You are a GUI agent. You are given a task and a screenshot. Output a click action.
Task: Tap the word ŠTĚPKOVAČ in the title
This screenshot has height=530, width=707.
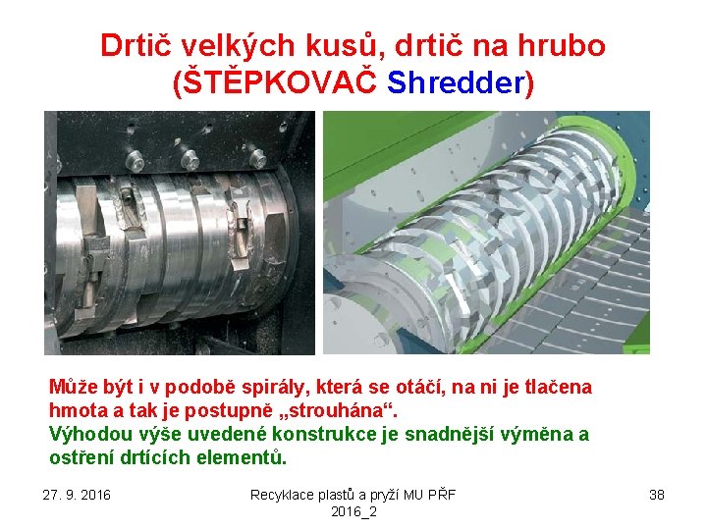[278, 82]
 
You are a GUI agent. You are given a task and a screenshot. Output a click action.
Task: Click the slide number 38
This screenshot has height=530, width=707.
[657, 494]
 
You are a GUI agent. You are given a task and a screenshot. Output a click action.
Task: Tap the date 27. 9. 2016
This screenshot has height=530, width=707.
[78, 494]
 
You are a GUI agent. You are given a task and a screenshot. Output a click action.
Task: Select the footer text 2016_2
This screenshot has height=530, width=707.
[353, 511]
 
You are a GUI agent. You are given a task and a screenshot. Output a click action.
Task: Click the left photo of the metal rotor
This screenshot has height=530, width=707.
[179, 233]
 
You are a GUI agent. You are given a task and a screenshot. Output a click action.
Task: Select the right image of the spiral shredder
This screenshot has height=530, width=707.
[486, 233]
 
